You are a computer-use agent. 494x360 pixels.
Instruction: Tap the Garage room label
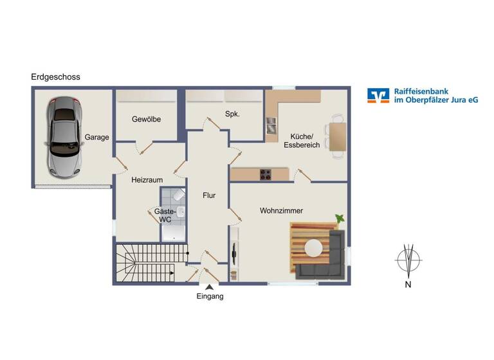pos(96,137)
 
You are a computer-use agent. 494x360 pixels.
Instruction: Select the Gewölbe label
pos(146,120)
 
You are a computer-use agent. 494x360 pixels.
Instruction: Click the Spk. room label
pos(232,114)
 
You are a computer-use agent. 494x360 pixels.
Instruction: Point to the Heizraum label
pos(147,181)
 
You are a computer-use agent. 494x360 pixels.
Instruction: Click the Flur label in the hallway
pos(209,195)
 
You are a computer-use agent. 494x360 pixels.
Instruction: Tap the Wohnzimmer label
pos(281,211)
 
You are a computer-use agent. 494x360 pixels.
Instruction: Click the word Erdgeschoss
pos(55,77)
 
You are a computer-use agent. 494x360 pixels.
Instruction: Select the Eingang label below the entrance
pos(210,296)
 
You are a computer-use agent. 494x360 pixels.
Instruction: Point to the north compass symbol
pos(408,260)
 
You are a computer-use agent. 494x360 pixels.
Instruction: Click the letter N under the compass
pos(408,284)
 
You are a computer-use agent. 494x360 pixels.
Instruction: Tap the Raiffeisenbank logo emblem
pos(378,95)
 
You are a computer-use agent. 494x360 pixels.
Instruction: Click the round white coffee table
pos(314,248)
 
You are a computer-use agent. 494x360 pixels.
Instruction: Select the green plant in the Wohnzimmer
pos(339,219)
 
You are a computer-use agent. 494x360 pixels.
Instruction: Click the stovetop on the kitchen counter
pos(265,174)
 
